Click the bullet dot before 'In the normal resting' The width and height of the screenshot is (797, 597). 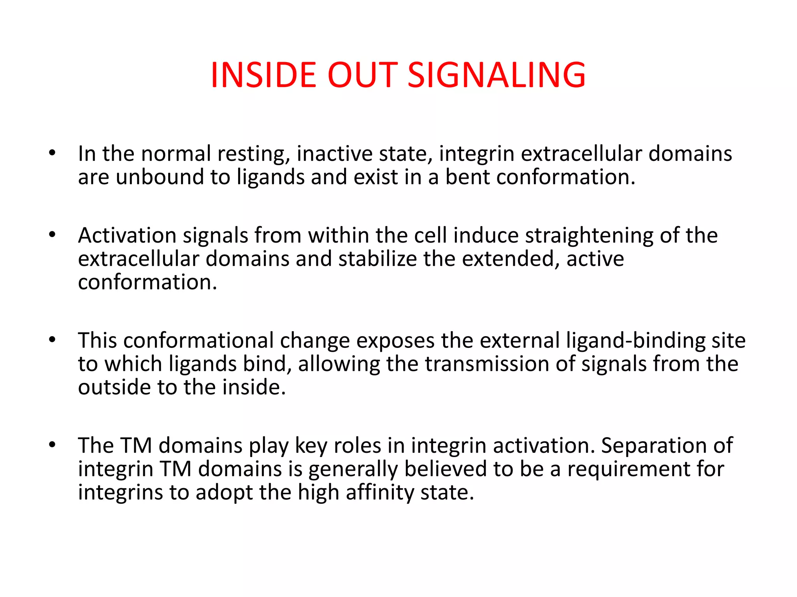point(53,153)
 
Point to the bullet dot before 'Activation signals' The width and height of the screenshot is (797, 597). point(53,234)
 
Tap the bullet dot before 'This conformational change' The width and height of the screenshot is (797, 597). point(53,340)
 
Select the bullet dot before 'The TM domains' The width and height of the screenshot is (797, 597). point(53,445)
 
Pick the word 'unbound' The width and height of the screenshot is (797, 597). point(160,177)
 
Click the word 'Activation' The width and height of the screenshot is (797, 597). point(127,236)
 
